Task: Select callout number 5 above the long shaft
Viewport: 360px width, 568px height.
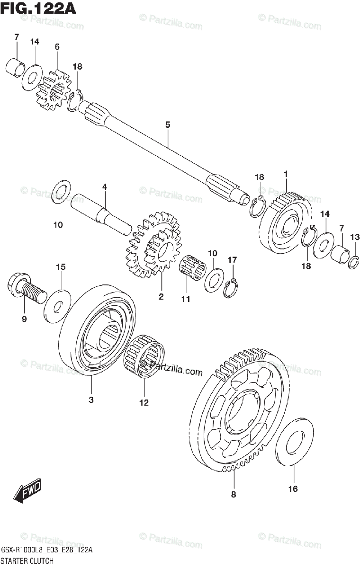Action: coord(168,125)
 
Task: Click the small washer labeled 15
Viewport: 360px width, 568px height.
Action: coord(57,302)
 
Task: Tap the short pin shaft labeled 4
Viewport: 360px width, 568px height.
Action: coord(101,213)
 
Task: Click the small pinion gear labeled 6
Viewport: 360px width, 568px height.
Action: coord(54,90)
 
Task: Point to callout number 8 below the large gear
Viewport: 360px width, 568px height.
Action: coord(233,495)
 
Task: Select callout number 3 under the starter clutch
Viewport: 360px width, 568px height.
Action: coord(91,400)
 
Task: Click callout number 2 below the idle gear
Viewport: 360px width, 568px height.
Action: coord(161,297)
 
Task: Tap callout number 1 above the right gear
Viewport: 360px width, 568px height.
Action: coord(286,174)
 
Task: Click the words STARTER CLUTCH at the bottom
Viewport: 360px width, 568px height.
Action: coord(28,560)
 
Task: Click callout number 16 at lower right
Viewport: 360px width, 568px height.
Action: coord(293,488)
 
